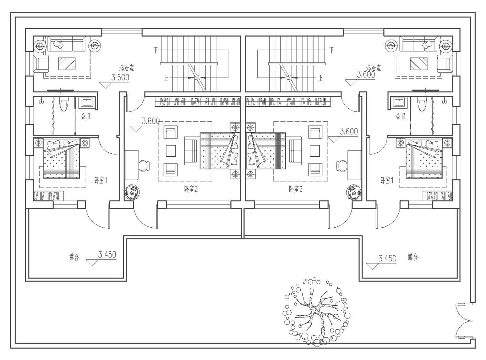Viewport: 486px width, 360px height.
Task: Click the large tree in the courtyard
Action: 316,312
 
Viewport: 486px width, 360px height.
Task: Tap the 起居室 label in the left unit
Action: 126,68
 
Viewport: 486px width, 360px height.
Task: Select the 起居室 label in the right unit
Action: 373,68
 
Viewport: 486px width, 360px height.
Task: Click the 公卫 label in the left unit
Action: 86,116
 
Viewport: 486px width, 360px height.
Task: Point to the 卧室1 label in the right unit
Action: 387,181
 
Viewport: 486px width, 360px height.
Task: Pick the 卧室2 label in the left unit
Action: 191,189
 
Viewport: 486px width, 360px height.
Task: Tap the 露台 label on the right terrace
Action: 413,257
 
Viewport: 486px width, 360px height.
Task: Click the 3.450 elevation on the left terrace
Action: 107,255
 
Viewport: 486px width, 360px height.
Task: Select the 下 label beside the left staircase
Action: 156,51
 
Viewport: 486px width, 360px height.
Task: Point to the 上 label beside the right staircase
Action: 320,78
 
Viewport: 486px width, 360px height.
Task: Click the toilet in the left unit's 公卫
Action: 64,104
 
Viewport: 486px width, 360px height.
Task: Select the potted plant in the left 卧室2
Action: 132,192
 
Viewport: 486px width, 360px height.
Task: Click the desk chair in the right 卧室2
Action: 341,165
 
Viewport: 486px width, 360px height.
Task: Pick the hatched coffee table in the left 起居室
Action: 67,64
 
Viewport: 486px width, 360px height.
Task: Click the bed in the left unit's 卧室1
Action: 62,159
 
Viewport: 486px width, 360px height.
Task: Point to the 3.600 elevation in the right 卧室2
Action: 349,131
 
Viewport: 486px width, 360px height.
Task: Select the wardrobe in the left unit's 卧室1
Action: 48,196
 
